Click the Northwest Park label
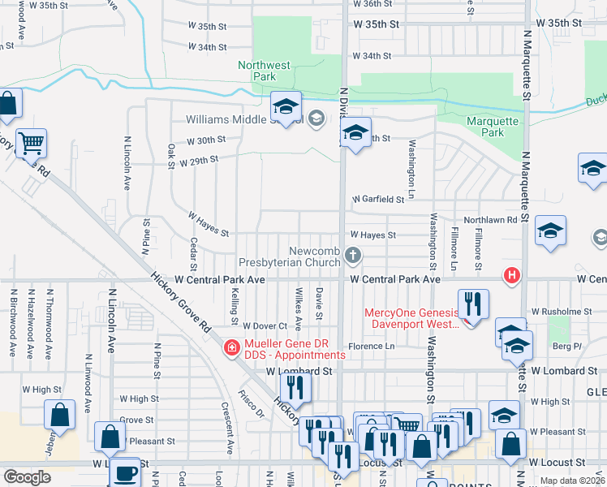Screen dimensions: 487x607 [264, 71]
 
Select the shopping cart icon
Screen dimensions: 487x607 [31, 144]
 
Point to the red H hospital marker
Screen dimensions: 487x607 [510, 275]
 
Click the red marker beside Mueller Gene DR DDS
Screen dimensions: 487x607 [230, 347]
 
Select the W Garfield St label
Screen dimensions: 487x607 [377, 199]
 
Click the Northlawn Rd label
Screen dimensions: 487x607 [490, 220]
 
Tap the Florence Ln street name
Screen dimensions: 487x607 [372, 346]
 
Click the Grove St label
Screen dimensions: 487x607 [136, 420]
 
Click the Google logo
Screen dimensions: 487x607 [27, 477]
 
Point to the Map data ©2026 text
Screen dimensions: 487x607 [572, 481]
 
